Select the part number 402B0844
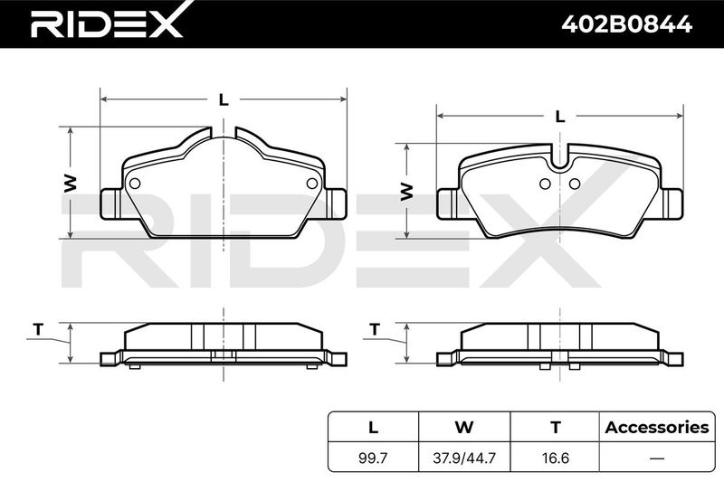click(626, 24)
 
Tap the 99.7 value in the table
click(373, 458)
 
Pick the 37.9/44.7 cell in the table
click(464, 458)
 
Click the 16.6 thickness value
click(556, 458)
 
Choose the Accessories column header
click(657, 427)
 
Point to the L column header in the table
click(373, 428)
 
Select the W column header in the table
click(464, 428)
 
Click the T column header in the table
click(556, 428)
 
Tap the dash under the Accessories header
click(657, 458)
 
